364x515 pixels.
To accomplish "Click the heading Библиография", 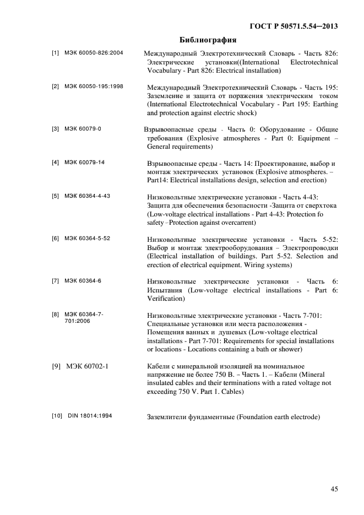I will tap(208, 40).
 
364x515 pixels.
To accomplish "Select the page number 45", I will tap(334, 489).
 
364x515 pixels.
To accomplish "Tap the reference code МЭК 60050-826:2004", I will tap(93, 53).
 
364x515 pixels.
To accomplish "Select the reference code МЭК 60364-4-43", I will tap(87, 196).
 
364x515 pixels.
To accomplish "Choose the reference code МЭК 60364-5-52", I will tap(87, 238).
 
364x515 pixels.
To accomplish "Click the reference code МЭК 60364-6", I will tap(83, 281).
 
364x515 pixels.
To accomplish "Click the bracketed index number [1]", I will tap(55, 53).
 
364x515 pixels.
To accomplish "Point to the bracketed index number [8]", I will tap(55, 315).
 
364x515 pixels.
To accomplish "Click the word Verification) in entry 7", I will tap(166, 299).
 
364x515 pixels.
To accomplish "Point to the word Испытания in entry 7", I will tap(166, 290).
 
